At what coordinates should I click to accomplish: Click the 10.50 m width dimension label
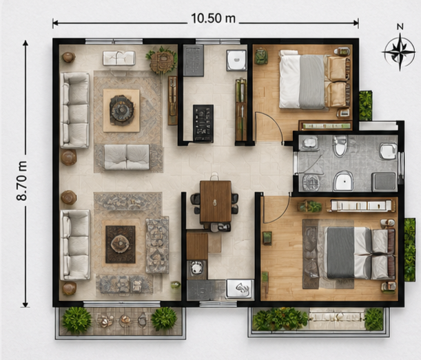(x=213, y=19)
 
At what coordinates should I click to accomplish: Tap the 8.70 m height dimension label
(x=22, y=180)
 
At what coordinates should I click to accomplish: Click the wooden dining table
(x=216, y=202)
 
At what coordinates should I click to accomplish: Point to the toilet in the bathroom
(x=340, y=146)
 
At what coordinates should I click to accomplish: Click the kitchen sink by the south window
(x=240, y=288)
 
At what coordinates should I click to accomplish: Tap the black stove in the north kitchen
(x=203, y=123)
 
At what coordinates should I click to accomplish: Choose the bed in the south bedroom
(x=360, y=253)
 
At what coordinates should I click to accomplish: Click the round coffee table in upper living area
(x=122, y=110)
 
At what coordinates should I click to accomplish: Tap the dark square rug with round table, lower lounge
(x=121, y=244)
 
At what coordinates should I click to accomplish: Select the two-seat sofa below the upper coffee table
(x=127, y=157)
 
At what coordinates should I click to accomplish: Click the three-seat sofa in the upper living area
(x=75, y=110)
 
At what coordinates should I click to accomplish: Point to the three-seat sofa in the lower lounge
(x=75, y=245)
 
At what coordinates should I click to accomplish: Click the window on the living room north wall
(x=114, y=41)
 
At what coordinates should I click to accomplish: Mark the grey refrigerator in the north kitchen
(x=194, y=61)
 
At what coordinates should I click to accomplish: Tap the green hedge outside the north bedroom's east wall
(x=366, y=105)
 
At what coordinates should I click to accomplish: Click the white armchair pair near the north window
(x=119, y=59)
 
